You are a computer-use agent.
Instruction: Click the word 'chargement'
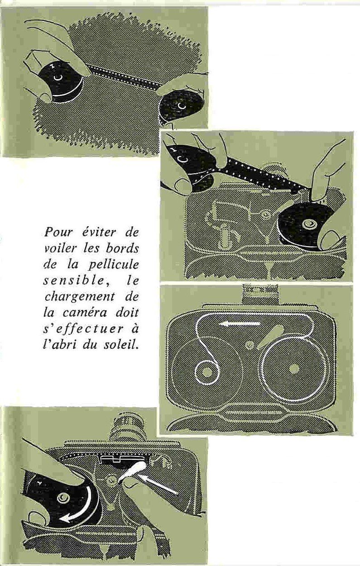pyautogui.click(x=79, y=298)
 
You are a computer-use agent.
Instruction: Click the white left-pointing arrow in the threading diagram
pyautogui.click(x=240, y=323)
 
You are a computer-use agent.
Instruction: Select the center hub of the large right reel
pyautogui.click(x=293, y=369)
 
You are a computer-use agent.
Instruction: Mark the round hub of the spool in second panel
pyautogui.click(x=309, y=224)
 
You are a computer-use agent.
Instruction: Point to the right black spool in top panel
pyautogui.click(x=180, y=106)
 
